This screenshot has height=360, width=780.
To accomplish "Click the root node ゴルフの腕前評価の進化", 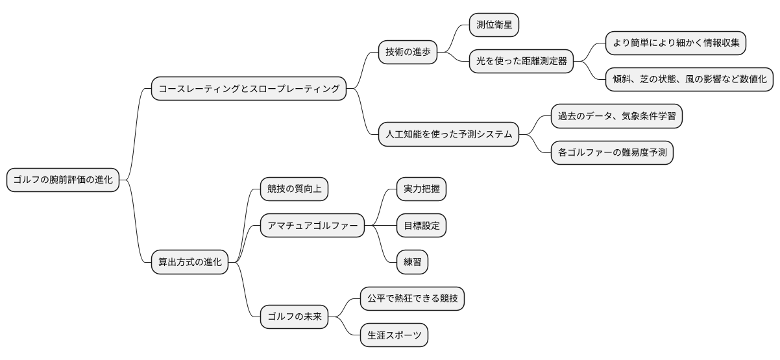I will tap(63, 180).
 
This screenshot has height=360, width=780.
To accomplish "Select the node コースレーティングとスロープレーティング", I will tap(249, 89).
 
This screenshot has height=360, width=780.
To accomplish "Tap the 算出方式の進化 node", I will tap(190, 263).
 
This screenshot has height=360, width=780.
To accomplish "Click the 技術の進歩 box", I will tap(408, 52).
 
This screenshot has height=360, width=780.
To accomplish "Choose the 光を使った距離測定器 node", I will tap(522, 62).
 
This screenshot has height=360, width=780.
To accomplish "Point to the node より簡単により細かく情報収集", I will tap(676, 43).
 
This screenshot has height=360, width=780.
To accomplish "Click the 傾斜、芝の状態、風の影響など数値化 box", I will tap(689, 79).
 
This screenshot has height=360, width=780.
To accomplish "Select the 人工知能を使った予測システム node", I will tap(448, 134).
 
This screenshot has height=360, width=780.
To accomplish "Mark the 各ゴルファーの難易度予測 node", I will tap(611, 152).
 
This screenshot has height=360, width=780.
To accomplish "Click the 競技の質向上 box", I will tap(294, 189).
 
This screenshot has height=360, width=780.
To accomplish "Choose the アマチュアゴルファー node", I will tap(312, 226).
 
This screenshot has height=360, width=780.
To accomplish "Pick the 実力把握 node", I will tap(421, 189).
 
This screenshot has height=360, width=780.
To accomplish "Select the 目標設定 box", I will tap(421, 226).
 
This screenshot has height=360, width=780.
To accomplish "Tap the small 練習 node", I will tap(412, 262).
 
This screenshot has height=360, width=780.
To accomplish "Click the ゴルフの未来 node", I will tap(295, 317).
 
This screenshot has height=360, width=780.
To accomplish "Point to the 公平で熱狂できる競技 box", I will tap(412, 299).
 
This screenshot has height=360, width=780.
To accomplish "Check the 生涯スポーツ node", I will tap(394, 335).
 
